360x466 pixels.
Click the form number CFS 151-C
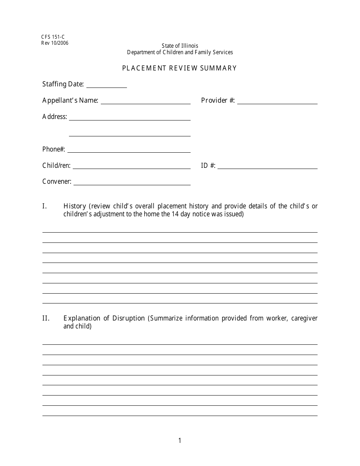coord(53,37)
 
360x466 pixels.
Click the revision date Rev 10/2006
coord(55,43)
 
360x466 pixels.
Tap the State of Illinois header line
coord(180,46)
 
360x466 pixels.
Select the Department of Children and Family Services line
coord(180,52)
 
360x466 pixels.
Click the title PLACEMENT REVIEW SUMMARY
coord(179,68)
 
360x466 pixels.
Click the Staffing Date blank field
coord(106,85)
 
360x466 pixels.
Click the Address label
coord(55,117)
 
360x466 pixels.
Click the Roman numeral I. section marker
coord(44,206)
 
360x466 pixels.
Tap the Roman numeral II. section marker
coord(45,318)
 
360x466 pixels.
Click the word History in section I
coord(75,206)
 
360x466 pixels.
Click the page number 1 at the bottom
coord(180,441)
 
